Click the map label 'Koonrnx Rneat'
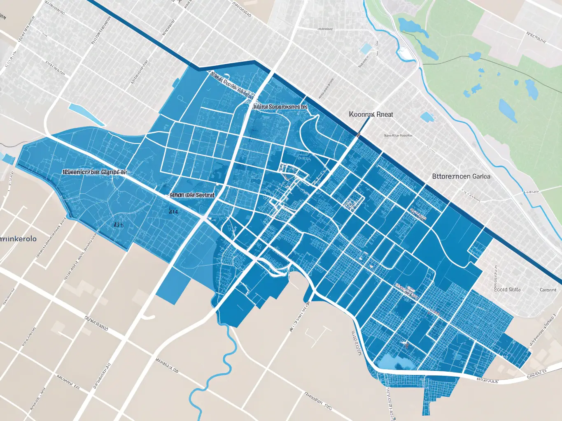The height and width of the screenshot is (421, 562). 371,115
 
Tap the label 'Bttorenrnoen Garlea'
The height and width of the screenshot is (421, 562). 461,176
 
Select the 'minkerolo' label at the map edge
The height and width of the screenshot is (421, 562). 19,239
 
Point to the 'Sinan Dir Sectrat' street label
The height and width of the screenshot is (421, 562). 192,195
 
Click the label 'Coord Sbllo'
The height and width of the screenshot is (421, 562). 507,289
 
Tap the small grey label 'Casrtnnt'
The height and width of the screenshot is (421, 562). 548,290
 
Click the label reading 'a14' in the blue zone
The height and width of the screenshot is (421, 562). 173,212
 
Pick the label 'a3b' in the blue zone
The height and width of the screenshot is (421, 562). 119,225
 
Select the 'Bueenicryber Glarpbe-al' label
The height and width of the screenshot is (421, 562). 94,172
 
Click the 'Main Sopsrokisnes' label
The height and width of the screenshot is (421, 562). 280,106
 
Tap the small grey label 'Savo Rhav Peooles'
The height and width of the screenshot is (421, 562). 398,135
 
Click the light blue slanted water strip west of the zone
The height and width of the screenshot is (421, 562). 86,115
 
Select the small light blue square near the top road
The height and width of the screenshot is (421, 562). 366,49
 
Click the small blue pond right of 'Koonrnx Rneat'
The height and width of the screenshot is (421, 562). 427,117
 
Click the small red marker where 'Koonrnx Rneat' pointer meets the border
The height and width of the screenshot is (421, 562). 359,134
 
